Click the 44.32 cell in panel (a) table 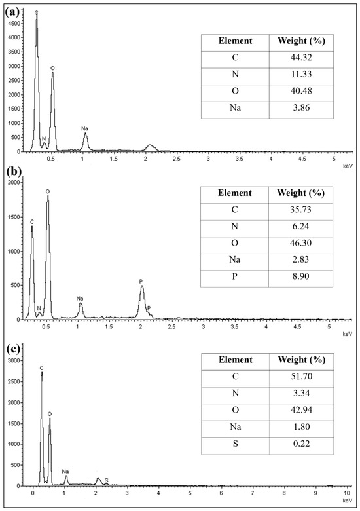[x=301, y=58]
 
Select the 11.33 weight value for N [x=301, y=74]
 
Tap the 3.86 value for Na [x=301, y=107]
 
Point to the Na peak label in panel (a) [x=84, y=128]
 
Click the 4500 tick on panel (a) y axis [x=15, y=23]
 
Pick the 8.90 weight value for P [x=300, y=276]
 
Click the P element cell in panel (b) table [x=234, y=276]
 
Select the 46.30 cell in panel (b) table [x=300, y=243]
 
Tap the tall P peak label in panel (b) [x=141, y=281]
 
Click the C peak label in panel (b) [x=32, y=222]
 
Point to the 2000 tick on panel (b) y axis [x=15, y=182]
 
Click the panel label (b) [x=13, y=172]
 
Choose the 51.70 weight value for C [x=301, y=377]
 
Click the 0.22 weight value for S [x=301, y=444]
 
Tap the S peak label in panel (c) [x=107, y=480]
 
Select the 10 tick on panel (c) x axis [x=347, y=492]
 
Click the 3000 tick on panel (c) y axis [x=15, y=360]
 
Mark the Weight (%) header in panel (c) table [x=301, y=360]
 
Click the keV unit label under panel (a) [x=348, y=166]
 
